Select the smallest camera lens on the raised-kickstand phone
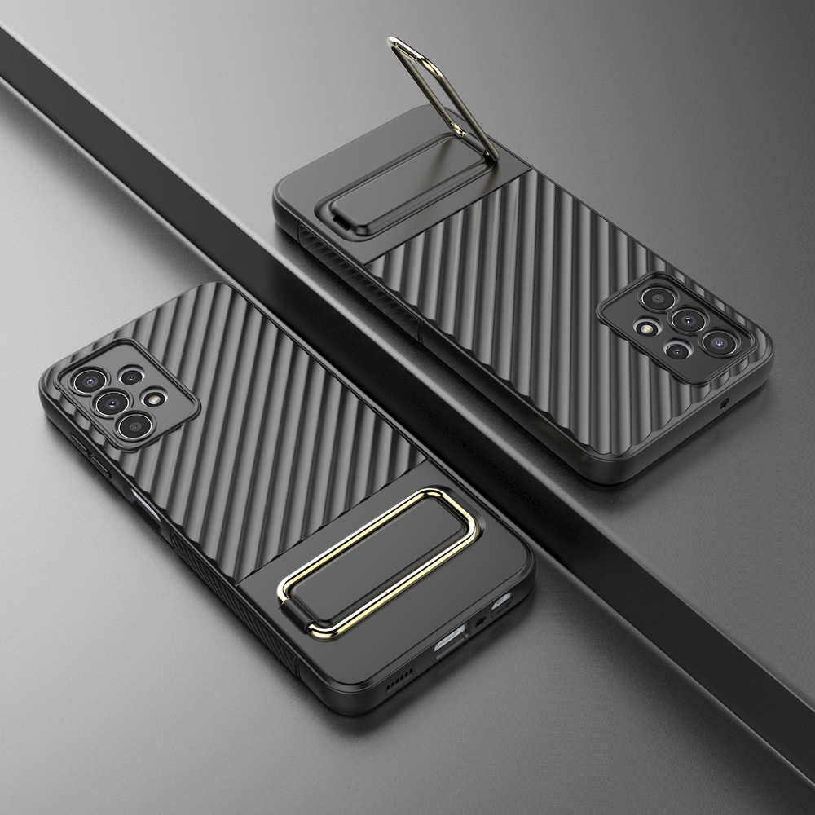coord(678,350)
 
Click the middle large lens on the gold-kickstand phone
coord(112,402)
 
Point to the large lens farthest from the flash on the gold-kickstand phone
coord(87,380)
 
